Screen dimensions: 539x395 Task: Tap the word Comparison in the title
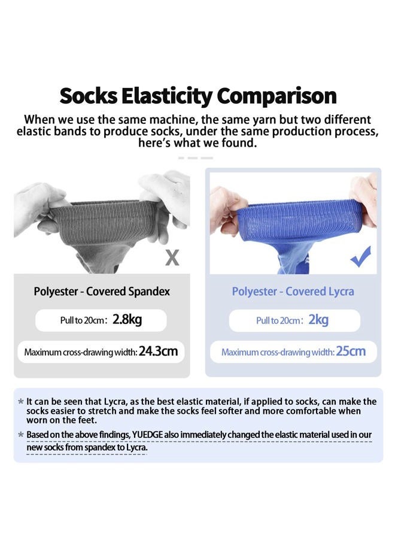tap(276, 96)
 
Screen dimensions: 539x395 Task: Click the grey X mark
tap(172, 258)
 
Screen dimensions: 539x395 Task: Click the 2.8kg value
tap(127, 320)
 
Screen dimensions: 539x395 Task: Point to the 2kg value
tap(318, 320)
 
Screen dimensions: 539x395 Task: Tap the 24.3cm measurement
tap(158, 351)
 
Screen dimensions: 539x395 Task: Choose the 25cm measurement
tap(351, 351)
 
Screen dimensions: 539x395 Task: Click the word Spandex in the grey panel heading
tap(149, 292)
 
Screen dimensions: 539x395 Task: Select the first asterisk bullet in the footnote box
tap(21, 402)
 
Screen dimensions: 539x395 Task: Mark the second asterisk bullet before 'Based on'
tap(21, 434)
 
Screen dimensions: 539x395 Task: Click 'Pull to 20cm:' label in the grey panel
tap(84, 320)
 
